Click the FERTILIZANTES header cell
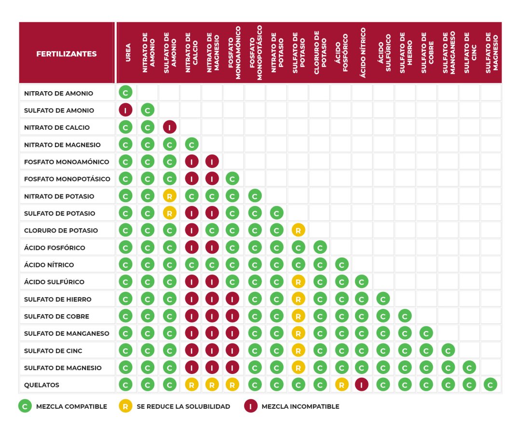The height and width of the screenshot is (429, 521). point(67,54)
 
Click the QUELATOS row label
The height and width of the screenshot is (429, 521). point(42,385)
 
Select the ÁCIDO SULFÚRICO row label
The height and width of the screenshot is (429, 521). point(54,282)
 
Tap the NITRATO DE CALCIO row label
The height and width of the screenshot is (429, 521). point(56,127)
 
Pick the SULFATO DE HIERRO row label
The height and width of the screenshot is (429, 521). point(57,299)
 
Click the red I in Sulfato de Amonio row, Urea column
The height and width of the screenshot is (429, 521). point(125,111)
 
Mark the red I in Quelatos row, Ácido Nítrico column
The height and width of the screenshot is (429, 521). point(362,385)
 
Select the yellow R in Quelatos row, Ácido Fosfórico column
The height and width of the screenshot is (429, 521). point(341,385)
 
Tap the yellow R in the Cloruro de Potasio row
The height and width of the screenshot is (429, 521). point(298,231)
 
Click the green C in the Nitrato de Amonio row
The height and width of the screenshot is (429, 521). point(125,93)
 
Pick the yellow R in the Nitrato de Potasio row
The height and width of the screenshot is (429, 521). point(169,196)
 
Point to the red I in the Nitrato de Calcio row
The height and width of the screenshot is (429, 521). point(169,127)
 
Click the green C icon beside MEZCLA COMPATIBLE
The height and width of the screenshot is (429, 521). point(25,406)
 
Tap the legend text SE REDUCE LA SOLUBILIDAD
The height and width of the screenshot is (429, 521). point(183,406)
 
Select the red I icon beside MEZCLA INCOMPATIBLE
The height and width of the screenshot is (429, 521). point(251,406)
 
